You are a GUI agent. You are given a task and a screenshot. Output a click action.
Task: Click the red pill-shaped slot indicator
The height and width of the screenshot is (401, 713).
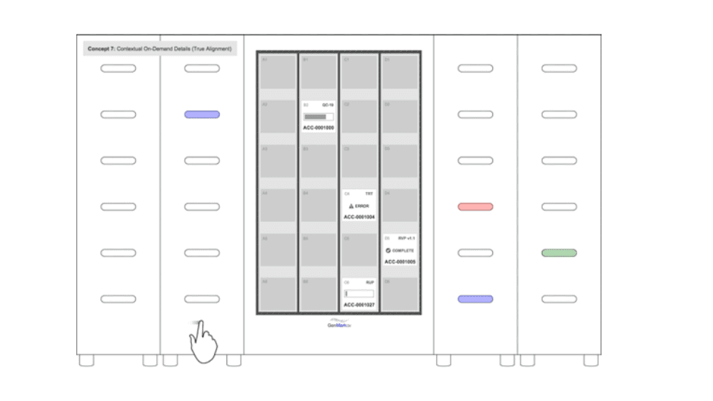(x=475, y=207)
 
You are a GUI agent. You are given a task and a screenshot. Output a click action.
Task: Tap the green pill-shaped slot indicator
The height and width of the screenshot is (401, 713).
(x=558, y=253)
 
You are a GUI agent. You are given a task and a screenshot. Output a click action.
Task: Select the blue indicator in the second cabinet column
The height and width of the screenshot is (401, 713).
(x=202, y=114)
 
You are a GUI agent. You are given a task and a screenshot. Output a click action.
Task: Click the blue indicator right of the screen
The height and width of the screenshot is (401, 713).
(x=475, y=299)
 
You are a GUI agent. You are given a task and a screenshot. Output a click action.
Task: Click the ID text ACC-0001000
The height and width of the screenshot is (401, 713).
(x=318, y=128)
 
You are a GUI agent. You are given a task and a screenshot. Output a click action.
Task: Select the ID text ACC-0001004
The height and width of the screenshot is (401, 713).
(x=359, y=216)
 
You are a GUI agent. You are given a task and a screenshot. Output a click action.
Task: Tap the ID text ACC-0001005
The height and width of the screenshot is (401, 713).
(x=400, y=262)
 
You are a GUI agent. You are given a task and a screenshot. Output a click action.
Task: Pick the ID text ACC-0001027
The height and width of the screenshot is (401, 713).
(x=359, y=305)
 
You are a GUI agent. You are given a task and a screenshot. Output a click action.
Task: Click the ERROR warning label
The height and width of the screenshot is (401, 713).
(x=359, y=206)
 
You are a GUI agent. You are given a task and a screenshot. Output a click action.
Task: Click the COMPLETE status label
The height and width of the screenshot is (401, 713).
(x=400, y=250)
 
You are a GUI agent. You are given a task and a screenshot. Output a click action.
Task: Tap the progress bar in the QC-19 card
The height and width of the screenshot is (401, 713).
(x=318, y=116)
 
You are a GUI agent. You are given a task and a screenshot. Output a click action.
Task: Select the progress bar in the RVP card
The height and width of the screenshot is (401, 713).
(x=359, y=293)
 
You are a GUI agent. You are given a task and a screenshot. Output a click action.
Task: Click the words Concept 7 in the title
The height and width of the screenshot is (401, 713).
(x=101, y=49)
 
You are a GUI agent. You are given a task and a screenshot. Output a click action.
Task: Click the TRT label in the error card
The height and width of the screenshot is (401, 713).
(x=369, y=194)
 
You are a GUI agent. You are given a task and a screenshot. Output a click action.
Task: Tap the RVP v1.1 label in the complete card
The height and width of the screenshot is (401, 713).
(x=406, y=238)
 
